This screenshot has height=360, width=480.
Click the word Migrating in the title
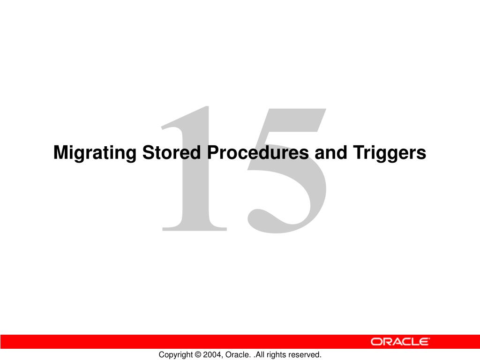pos(95,153)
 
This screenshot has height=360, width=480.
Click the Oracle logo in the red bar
pos(400,342)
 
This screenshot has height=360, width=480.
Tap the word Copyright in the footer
pos(175,355)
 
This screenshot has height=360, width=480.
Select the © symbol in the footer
pos(197,355)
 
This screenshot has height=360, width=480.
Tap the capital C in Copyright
pos(161,355)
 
